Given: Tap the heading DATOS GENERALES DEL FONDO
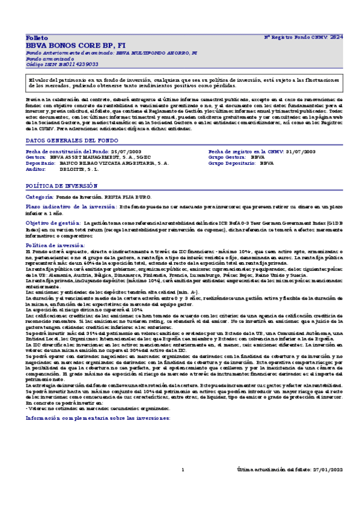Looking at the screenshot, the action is [x=66, y=140].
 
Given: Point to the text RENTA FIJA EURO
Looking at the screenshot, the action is [x=128, y=197].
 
